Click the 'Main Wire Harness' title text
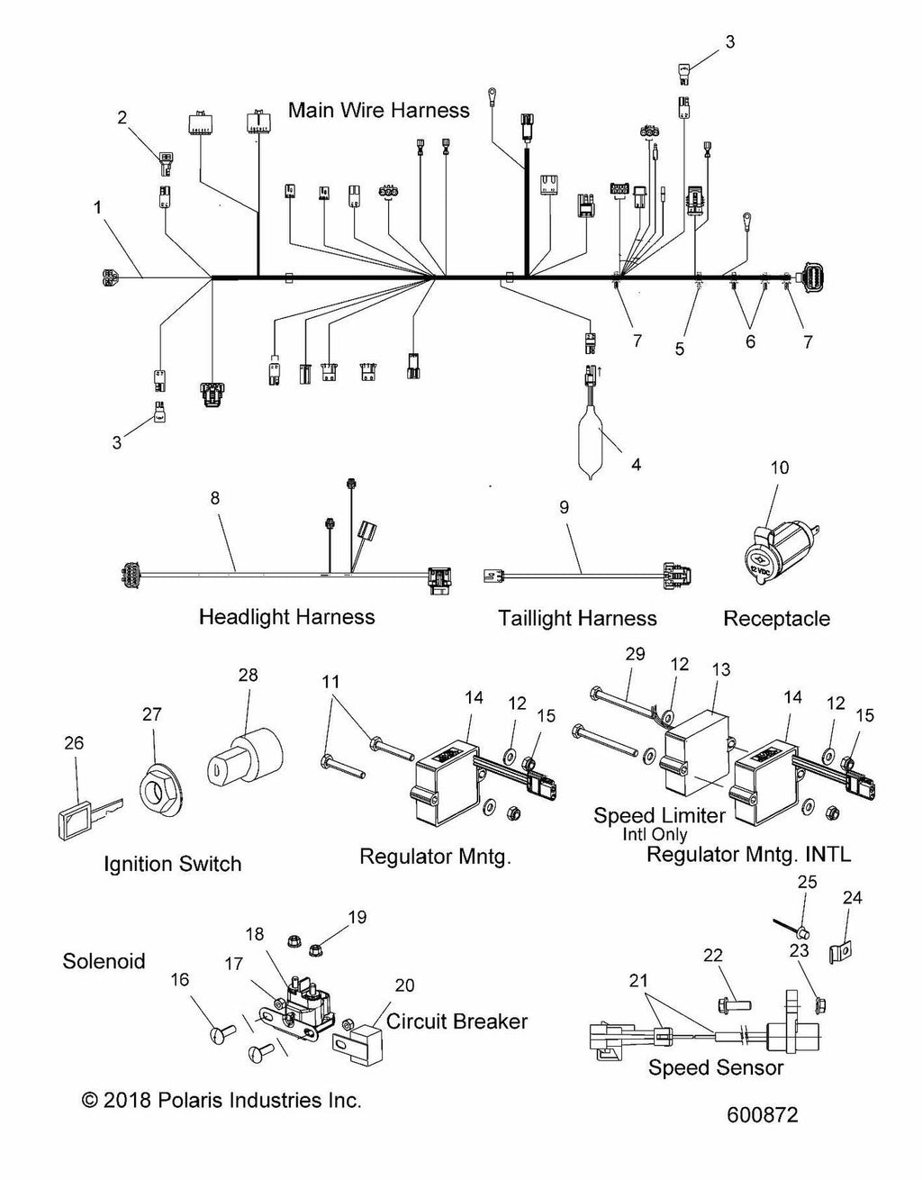coord(378,110)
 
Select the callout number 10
coord(779,467)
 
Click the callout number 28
coord(248,675)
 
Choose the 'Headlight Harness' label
coord(286,617)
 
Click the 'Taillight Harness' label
coord(577,618)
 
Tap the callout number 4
coord(637,466)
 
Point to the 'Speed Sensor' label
coord(716,1068)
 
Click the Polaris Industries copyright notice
coord(221,1100)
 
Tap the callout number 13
coord(721,670)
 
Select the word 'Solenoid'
coord(104,961)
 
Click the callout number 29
coord(635,654)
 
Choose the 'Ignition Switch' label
coord(173,864)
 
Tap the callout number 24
coord(852,897)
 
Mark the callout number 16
coord(180,978)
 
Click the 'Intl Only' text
coord(655,834)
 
